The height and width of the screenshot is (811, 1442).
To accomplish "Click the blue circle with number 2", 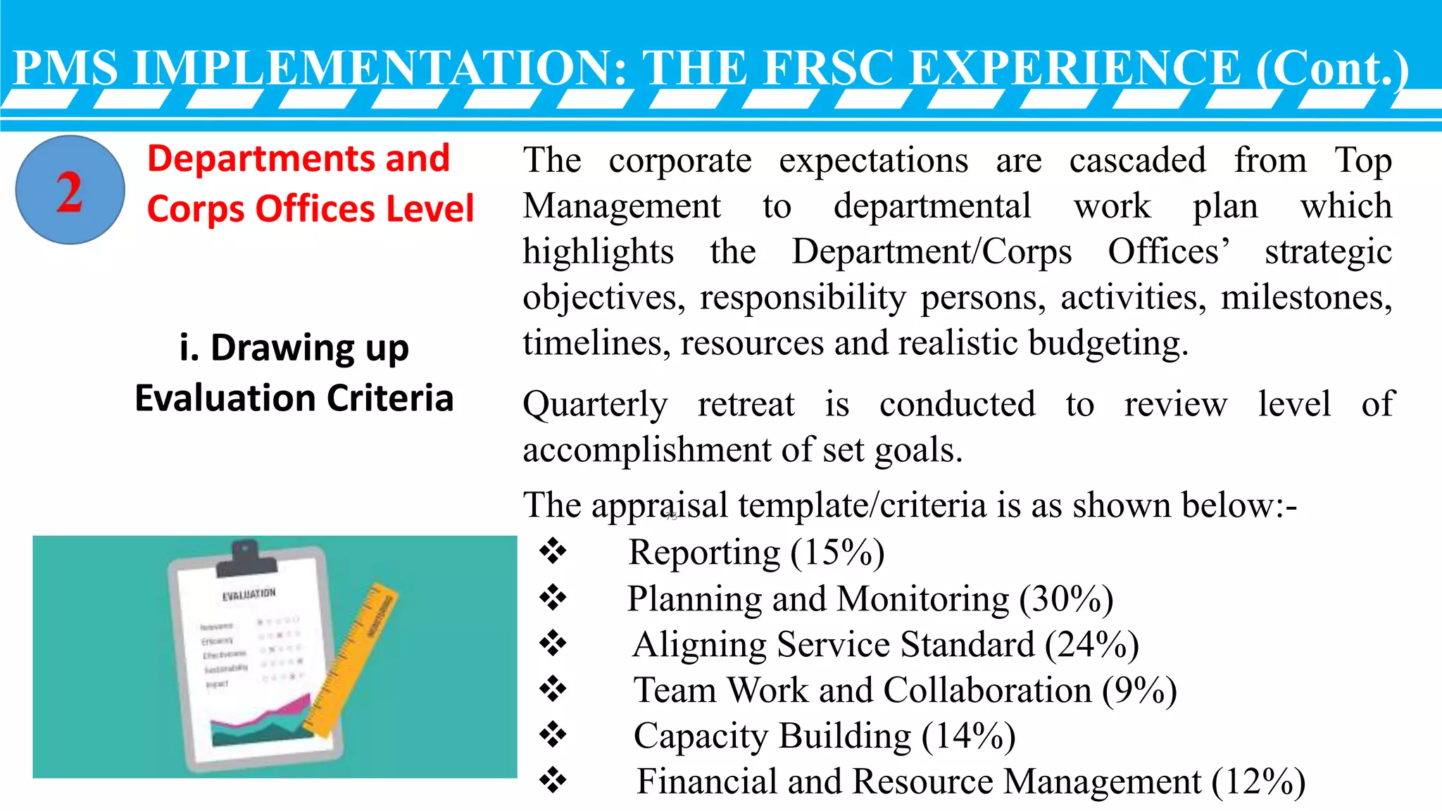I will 70,190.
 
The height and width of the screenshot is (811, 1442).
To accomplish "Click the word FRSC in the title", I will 828,68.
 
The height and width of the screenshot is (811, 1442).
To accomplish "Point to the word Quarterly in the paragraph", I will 595,405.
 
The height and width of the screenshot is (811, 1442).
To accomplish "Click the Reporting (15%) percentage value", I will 837,553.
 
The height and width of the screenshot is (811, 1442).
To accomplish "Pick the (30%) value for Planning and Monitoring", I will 1066,599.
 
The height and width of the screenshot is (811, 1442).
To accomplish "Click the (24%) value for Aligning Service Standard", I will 1092,645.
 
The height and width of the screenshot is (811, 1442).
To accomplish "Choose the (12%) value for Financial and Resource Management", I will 1259,782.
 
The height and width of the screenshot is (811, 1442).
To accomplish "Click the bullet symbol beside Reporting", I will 553,551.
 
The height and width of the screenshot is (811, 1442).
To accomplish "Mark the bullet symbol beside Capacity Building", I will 553,735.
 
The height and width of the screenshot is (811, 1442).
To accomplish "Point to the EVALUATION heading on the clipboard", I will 249,595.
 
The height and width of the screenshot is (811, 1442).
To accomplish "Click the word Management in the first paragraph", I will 622,207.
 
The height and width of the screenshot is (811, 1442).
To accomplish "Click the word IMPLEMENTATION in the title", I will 380,68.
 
